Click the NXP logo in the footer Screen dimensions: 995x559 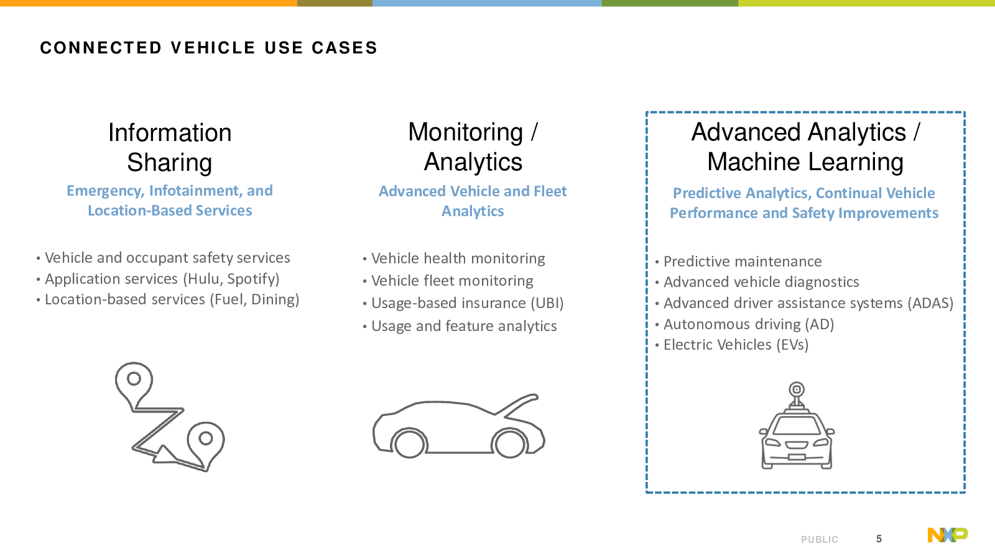[948, 535]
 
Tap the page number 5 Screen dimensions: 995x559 [879, 539]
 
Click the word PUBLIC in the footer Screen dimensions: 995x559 [820, 540]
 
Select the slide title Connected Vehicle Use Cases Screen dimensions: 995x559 [209, 48]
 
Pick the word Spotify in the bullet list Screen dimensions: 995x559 [251, 279]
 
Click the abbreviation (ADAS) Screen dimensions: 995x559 [930, 303]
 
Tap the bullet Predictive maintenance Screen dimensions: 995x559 [743, 261]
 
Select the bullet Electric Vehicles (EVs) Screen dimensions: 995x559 [736, 345]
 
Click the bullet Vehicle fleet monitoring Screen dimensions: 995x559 [452, 281]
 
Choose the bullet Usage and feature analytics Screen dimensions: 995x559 [464, 326]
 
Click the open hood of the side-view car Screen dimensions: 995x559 [521, 404]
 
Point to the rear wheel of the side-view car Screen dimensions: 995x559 [409, 443]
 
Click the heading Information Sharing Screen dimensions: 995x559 [170, 147]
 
